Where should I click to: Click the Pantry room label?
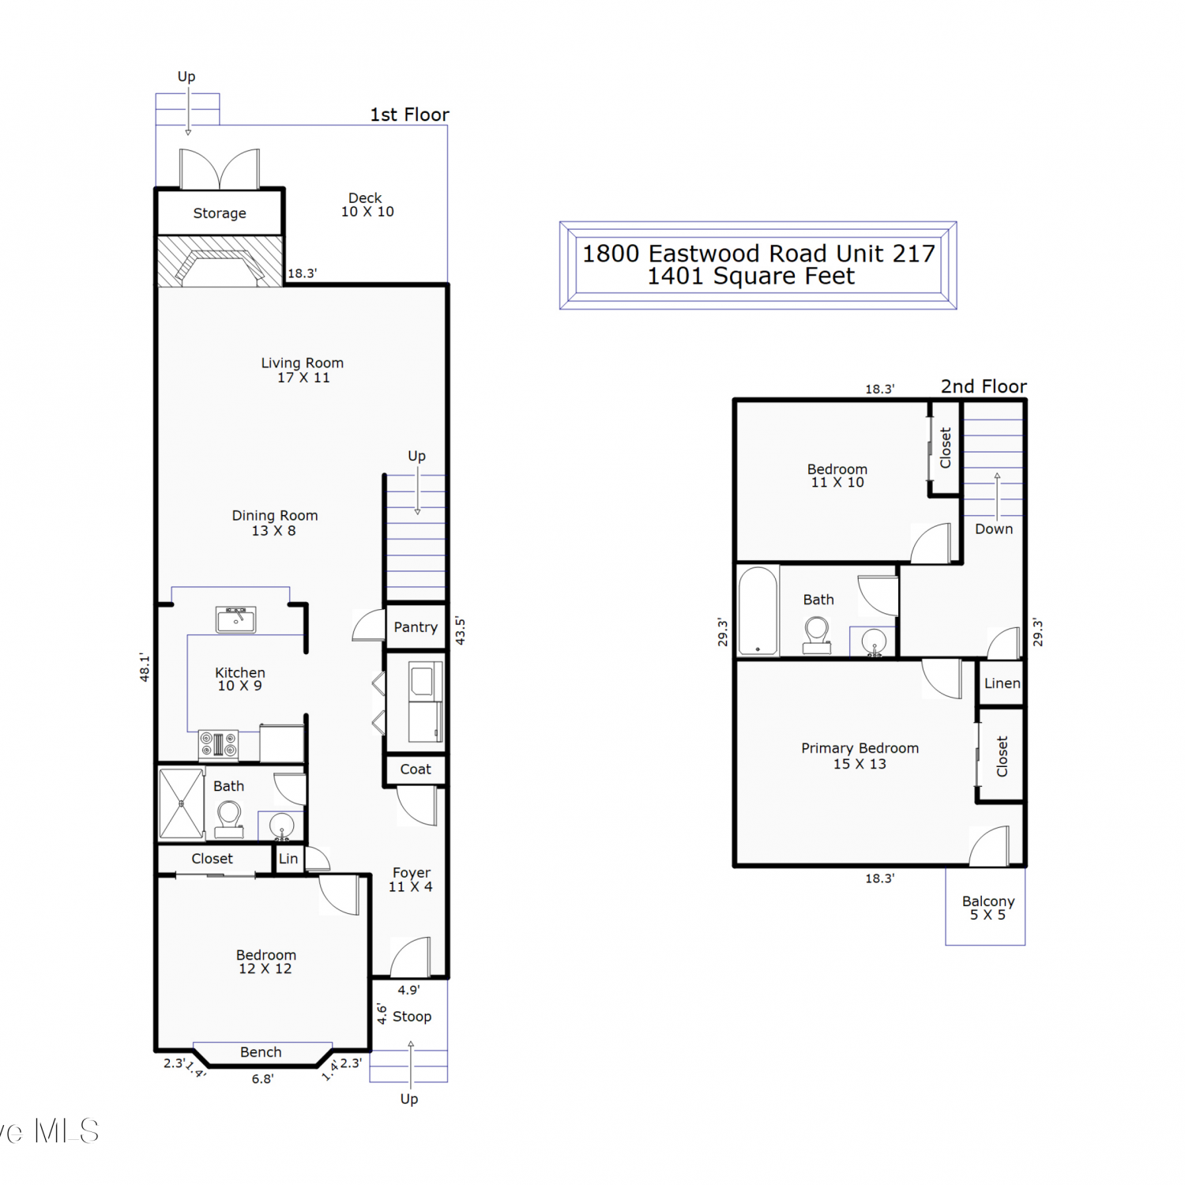click(416, 627)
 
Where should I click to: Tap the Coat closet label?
click(416, 769)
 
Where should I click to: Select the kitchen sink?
click(236, 620)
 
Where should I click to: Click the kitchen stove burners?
click(219, 744)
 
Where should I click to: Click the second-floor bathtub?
click(758, 611)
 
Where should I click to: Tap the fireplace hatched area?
click(220, 261)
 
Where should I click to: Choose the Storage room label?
click(220, 213)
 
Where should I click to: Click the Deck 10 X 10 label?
click(367, 205)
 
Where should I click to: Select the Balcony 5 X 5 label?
click(988, 908)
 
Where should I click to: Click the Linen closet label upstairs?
click(1003, 683)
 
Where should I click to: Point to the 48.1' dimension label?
click(145, 667)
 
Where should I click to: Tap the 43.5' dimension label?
click(461, 631)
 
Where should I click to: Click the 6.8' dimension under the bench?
click(263, 1079)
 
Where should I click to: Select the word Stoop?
click(412, 1017)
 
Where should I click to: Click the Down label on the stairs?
click(994, 529)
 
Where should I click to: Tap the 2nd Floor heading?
click(984, 386)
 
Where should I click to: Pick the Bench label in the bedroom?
click(261, 1052)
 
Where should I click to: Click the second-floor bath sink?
click(874, 641)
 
